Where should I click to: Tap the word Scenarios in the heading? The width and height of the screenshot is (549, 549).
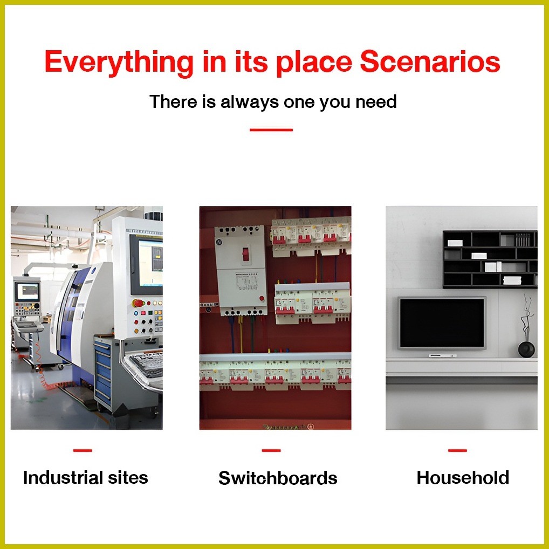(430, 62)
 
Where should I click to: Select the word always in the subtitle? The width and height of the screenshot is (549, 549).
(250, 102)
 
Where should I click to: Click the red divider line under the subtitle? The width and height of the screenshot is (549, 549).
(271, 129)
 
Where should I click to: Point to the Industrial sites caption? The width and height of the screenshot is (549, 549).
(85, 478)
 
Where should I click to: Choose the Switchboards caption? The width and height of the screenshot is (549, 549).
(278, 478)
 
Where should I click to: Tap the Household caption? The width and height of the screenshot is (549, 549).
(463, 478)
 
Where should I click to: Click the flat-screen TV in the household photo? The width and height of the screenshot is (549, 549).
(442, 323)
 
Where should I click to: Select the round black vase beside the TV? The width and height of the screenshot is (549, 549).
(526, 349)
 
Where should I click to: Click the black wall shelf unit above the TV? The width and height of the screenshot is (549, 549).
(490, 259)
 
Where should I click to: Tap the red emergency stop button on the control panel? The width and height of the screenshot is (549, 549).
(138, 303)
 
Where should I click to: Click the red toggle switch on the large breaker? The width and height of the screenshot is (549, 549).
(245, 253)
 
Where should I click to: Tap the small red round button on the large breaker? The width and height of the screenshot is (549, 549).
(261, 298)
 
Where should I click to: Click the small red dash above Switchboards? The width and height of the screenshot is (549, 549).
(271, 450)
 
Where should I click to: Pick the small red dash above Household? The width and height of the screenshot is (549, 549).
(457, 450)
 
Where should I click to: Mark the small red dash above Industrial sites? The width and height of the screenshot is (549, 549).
(83, 450)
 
